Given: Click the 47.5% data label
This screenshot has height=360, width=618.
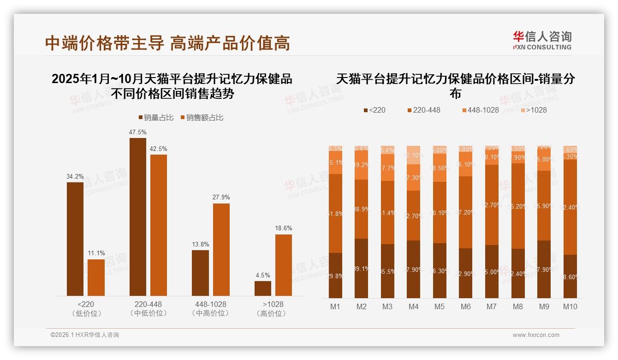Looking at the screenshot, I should click(137, 132).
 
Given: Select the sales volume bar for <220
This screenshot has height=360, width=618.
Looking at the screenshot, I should click(75, 239).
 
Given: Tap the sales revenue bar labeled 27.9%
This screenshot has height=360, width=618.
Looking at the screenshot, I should click(221, 249).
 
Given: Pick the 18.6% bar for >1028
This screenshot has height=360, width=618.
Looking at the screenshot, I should click(284, 265).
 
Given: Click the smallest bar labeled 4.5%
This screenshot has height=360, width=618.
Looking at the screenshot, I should click(263, 288).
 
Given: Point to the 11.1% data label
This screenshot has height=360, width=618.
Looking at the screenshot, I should click(96, 253).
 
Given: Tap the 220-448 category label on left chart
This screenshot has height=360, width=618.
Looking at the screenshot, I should click(148, 305).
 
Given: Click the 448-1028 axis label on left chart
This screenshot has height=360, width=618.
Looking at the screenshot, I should click(210, 305).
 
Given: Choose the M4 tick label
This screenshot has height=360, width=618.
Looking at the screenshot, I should click(413, 307).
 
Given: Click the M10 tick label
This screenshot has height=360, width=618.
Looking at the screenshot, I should click(570, 307).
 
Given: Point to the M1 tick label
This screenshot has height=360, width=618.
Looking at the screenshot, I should click(335, 307).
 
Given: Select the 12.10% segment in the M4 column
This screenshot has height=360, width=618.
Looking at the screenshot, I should click(413, 155).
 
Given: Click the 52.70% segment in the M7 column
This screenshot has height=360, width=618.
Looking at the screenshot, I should click(492, 204).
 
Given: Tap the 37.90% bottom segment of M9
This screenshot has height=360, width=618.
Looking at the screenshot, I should click(544, 269).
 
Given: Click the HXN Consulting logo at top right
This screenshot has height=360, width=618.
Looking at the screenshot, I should click(542, 40).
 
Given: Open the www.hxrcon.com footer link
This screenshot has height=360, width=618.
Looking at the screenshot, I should click(536, 335).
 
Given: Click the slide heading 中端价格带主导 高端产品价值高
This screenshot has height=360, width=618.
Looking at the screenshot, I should click(167, 43).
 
